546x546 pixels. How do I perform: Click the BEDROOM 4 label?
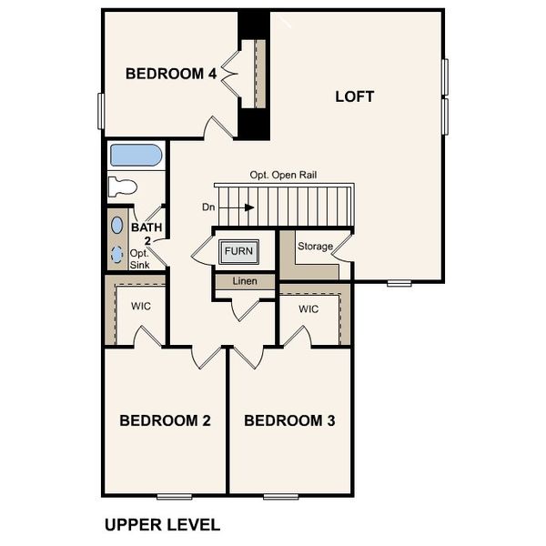pyautogui.click(x=170, y=75)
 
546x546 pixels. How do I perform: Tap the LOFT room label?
pyautogui.click(x=354, y=96)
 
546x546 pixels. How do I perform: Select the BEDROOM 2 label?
pyautogui.click(x=166, y=420)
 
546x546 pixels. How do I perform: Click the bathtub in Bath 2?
pyautogui.click(x=136, y=155)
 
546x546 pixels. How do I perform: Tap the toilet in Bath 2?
pyautogui.click(x=122, y=187)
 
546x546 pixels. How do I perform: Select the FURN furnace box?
pyautogui.click(x=238, y=250)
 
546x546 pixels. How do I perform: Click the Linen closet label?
pyautogui.click(x=243, y=282)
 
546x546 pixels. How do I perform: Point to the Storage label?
pyautogui.click(x=315, y=247)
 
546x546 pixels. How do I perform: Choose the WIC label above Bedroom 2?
pyautogui.click(x=140, y=307)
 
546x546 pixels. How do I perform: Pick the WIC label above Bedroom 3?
pyautogui.click(x=308, y=309)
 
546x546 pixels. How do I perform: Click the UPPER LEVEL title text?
pyautogui.click(x=161, y=524)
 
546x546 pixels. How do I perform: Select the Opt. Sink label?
pyautogui.click(x=138, y=258)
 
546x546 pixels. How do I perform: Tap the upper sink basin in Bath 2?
pyautogui.click(x=117, y=224)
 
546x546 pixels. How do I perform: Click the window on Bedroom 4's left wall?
pyautogui.click(x=102, y=110)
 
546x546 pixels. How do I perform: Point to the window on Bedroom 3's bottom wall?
pyautogui.click(x=281, y=496)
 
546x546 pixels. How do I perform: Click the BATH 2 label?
pyautogui.click(x=145, y=235)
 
